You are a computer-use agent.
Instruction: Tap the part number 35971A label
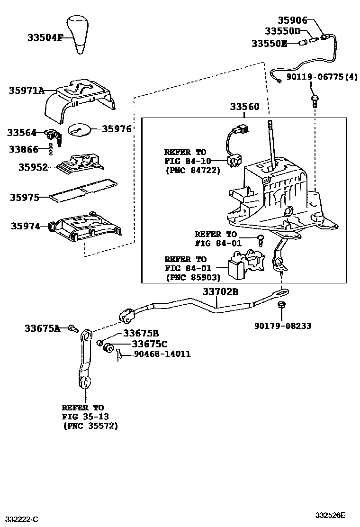(26, 90)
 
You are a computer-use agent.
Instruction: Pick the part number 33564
(22, 133)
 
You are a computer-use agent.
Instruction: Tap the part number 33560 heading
(245, 107)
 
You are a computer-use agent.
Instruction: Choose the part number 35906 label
(292, 20)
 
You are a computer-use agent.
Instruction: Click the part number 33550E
(269, 44)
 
